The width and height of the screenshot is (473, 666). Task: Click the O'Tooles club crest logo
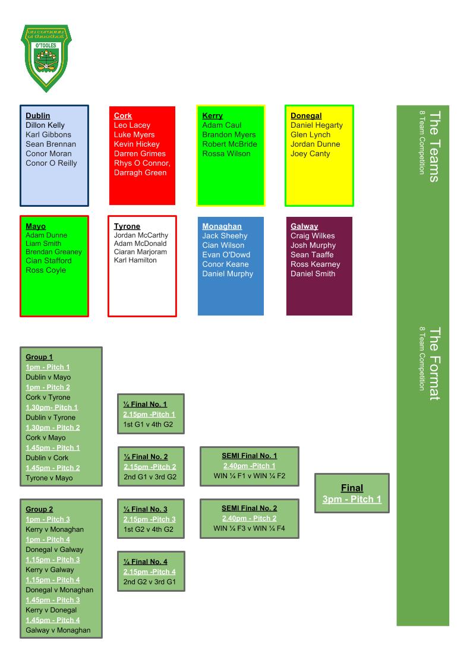click(x=46, y=58)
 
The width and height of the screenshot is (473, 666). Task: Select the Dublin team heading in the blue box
click(x=38, y=116)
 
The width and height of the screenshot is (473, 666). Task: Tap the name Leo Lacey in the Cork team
click(x=132, y=125)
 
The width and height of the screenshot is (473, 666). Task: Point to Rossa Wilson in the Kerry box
click(x=226, y=154)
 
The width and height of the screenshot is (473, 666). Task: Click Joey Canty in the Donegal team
click(x=310, y=154)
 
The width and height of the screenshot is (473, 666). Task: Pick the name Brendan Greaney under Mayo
click(x=53, y=252)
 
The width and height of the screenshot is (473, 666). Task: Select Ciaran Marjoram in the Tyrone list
click(x=140, y=252)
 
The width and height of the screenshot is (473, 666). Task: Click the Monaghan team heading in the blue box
click(x=222, y=226)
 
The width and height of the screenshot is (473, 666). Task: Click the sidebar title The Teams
click(x=434, y=146)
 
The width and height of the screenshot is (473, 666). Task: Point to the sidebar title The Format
click(x=434, y=364)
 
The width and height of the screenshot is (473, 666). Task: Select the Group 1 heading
click(x=39, y=357)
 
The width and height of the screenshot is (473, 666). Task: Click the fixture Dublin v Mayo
click(x=48, y=377)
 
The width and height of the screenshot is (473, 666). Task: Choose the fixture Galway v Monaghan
click(x=58, y=630)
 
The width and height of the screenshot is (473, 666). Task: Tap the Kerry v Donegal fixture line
click(x=51, y=610)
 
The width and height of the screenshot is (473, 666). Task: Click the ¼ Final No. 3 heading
click(x=146, y=509)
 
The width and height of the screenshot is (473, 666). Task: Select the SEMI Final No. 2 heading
click(x=249, y=509)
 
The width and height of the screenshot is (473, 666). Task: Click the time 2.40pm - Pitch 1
click(x=249, y=466)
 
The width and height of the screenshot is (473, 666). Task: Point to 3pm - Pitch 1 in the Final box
click(x=352, y=500)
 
